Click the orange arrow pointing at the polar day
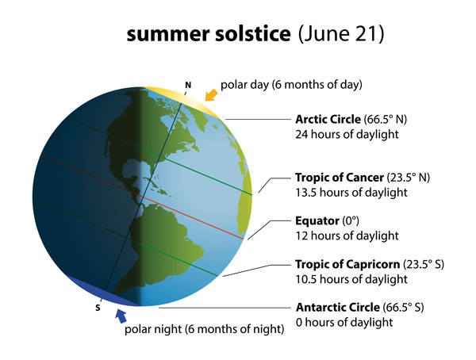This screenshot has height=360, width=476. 212,94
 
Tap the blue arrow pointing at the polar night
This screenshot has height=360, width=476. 121,316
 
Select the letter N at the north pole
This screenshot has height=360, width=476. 188,86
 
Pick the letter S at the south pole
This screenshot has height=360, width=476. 98,308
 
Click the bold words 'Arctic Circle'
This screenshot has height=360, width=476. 328,119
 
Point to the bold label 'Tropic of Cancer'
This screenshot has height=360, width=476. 340,178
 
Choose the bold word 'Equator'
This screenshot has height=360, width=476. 317,220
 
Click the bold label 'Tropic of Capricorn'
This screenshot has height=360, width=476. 347,264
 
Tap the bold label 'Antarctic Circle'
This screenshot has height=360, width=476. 338,308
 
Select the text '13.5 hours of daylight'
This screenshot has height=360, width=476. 351,193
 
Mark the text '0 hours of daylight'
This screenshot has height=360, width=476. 344,322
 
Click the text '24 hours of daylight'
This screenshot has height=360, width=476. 347,134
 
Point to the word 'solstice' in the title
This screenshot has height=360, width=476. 252,33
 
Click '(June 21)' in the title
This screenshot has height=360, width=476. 341,34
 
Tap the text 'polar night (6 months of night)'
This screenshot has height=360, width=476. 205,329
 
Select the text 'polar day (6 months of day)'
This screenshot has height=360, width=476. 291,85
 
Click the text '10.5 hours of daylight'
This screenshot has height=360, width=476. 351,279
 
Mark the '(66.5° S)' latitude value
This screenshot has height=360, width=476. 403,308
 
